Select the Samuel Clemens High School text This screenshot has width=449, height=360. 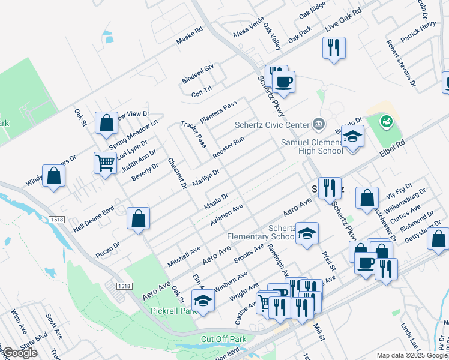(312, 146)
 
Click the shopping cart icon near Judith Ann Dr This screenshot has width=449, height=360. (105, 162)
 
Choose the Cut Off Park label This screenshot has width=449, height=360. (224, 339)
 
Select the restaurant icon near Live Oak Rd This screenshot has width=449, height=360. (334, 47)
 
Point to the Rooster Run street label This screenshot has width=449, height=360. (228, 148)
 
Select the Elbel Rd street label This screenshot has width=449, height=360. (393, 146)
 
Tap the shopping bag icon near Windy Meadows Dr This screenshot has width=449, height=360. (54, 176)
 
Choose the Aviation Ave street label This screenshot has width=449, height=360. (226, 215)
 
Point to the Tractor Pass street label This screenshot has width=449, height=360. (193, 134)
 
